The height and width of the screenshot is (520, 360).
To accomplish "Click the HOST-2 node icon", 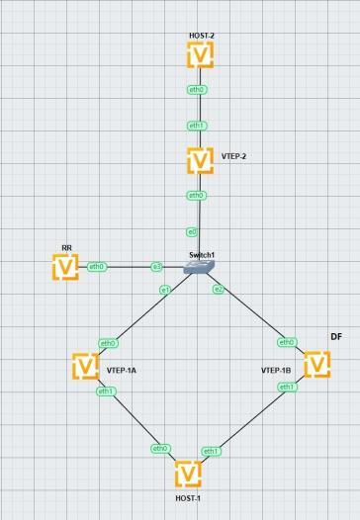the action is [x=200, y=54].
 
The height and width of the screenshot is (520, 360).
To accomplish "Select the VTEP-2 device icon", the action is [x=200, y=160].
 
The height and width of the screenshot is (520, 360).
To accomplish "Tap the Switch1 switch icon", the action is [x=199, y=267].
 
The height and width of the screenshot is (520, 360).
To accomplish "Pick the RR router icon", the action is [x=65, y=267].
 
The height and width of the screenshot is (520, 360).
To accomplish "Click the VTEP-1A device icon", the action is [x=86, y=367].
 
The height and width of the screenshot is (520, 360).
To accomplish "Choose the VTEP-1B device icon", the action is [x=317, y=365].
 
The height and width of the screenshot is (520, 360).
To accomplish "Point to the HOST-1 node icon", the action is [x=188, y=475].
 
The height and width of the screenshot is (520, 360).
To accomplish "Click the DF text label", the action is [x=336, y=336].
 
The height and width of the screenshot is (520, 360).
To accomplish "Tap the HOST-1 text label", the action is [x=188, y=498].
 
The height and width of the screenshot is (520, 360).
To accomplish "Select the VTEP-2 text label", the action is [x=234, y=156].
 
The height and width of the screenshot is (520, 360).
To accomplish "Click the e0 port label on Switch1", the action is [x=192, y=232].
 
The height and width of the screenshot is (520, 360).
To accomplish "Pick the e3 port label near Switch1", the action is [x=157, y=267].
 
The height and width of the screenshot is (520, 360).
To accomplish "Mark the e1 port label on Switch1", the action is [x=165, y=291].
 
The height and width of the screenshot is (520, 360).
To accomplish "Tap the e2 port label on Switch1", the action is [x=219, y=290].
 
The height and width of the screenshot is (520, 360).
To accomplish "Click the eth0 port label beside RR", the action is [x=97, y=267].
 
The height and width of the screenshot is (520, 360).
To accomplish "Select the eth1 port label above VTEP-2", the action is [x=197, y=126].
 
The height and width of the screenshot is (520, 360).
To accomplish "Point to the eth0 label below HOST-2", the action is [x=197, y=90].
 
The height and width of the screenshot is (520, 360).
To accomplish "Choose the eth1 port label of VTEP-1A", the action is [x=106, y=391].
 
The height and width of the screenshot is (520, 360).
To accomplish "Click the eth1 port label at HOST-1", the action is [x=211, y=452].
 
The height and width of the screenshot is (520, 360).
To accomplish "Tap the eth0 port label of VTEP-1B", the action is [x=287, y=342].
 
